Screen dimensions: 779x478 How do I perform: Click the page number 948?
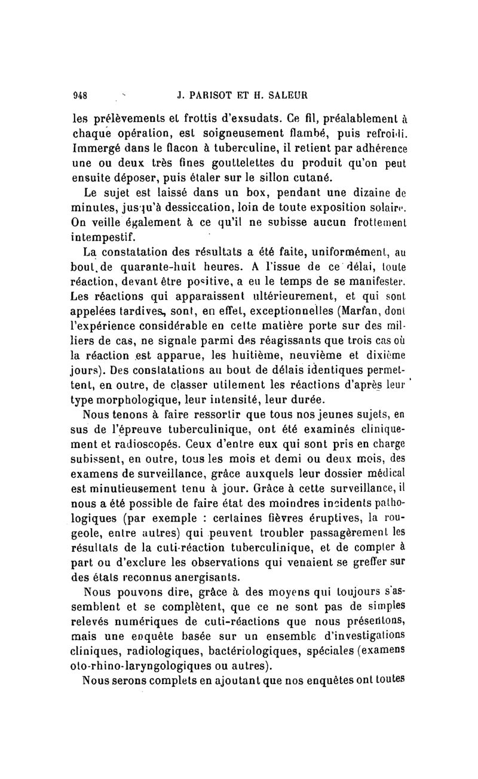click(80, 94)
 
